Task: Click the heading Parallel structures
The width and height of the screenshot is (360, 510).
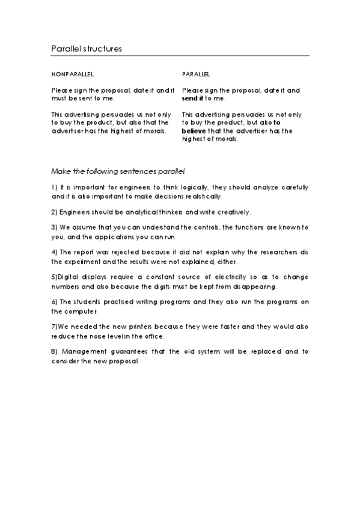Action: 87,49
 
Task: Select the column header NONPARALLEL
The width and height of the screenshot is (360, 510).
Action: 73,75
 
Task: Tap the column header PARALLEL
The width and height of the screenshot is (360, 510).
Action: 196,75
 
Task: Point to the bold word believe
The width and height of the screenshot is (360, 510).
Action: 192,131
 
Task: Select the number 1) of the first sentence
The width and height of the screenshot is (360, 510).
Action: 55,188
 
